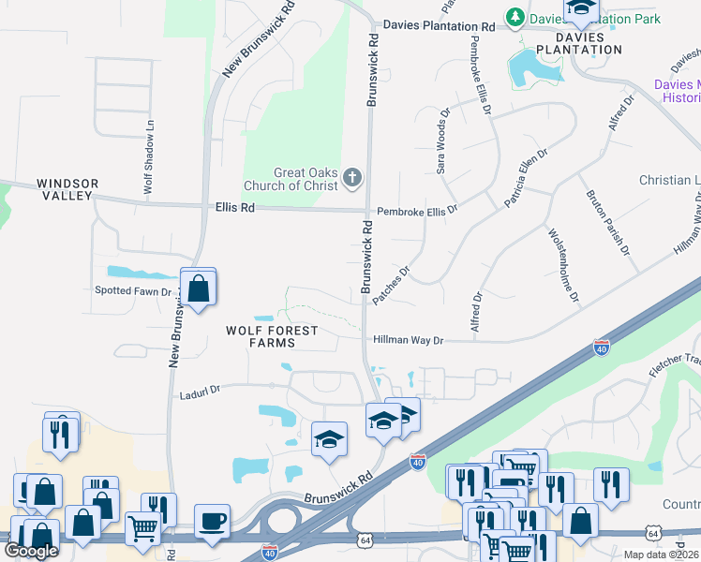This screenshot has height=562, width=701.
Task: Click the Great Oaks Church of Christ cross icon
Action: pos(352,177)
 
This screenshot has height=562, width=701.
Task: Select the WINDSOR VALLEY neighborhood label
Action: pos(67,189)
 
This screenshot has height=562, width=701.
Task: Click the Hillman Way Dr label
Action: pos(408,341)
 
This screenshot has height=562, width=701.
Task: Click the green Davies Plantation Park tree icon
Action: pos(515,18)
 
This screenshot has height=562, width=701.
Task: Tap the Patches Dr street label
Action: pos(392,286)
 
